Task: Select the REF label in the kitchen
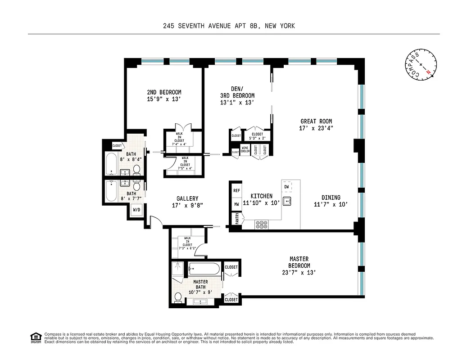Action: [x=236, y=191]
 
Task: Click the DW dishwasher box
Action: [x=286, y=186]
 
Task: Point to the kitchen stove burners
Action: [x=261, y=223]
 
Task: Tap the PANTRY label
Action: [x=236, y=219]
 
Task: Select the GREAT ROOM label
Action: [x=316, y=121]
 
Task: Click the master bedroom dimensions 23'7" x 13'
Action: [x=299, y=272]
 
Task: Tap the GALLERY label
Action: [x=187, y=198]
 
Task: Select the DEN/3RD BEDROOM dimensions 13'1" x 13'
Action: [x=238, y=103]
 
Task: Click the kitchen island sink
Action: [x=287, y=201]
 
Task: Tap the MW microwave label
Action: [x=236, y=205]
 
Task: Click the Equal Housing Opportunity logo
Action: [x=34, y=337]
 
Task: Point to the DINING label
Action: [x=331, y=198]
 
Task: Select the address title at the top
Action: [x=229, y=26]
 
